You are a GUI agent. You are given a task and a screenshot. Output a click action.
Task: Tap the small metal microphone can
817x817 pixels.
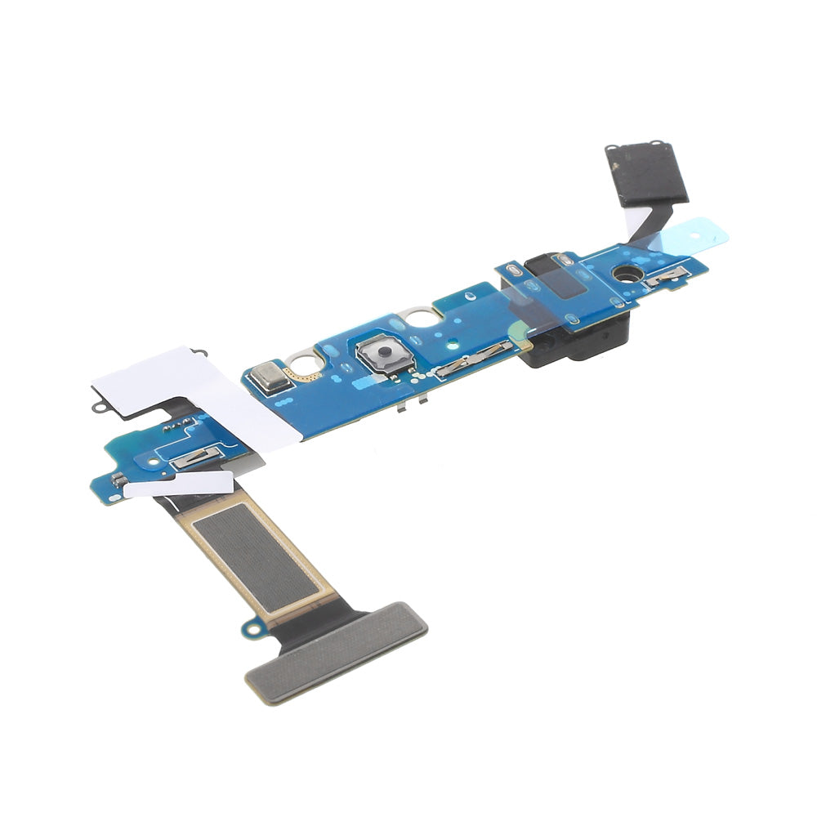(268, 376)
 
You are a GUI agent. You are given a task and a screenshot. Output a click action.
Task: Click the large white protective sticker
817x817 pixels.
(196, 392)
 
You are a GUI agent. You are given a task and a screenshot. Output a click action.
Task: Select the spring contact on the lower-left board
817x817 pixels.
(194, 460)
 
